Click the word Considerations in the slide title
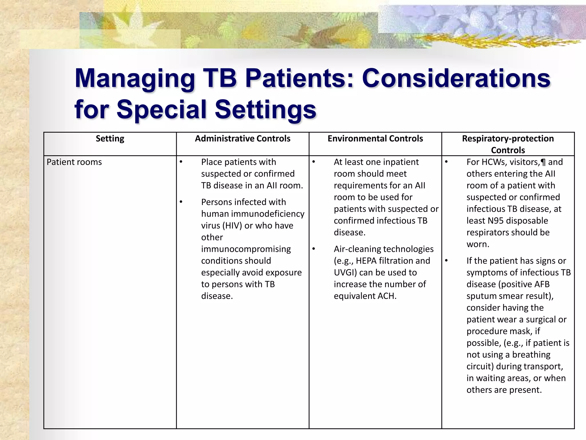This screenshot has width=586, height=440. point(456,78)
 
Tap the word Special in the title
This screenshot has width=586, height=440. point(161,109)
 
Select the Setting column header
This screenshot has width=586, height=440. point(110,139)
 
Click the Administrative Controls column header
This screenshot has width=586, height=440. point(242,139)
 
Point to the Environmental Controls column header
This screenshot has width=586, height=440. point(375,139)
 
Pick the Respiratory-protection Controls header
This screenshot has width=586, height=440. point(508,144)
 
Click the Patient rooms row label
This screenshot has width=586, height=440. point(74,162)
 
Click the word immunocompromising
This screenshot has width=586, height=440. point(246,249)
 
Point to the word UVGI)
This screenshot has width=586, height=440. point(345,273)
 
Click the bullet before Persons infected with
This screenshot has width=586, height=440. point(181,202)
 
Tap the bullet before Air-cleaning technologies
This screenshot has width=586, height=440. point(314,249)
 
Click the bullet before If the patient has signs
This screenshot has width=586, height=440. point(446,261)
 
